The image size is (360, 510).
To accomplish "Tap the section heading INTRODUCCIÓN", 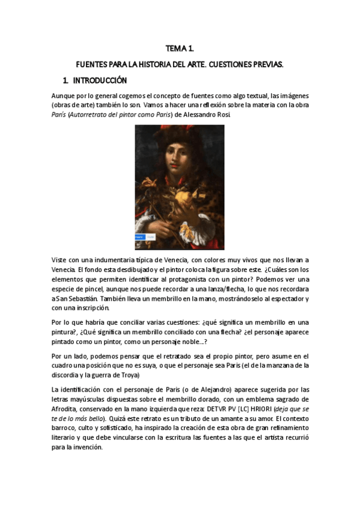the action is [x=99, y=80].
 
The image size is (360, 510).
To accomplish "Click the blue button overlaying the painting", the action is [x=141, y=238].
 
